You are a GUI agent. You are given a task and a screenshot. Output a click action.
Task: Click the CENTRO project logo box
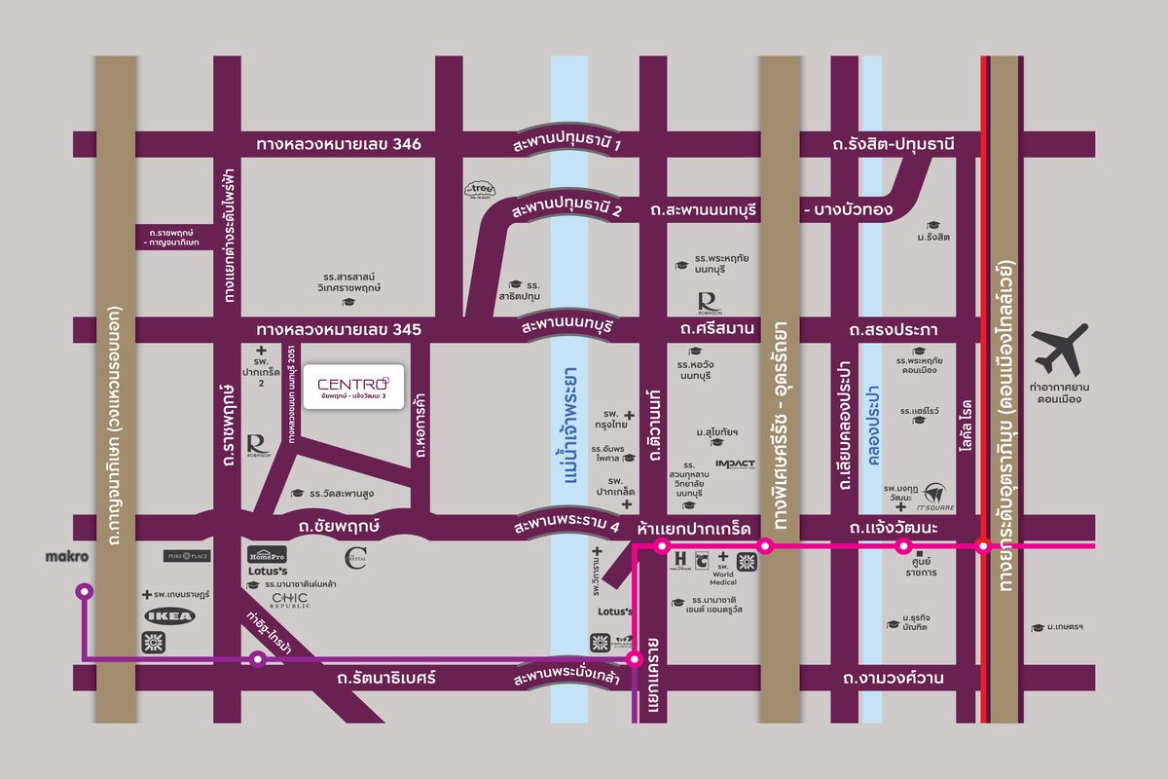[347, 388]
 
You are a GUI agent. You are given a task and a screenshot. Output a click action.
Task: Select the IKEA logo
[171, 615]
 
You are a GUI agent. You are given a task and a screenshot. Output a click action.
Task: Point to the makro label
[67, 557]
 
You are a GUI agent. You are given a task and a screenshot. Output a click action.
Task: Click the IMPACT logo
[735, 464]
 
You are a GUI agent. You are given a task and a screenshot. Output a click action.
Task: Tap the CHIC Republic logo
[290, 600]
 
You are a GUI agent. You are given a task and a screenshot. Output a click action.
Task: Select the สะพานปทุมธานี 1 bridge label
[569, 144]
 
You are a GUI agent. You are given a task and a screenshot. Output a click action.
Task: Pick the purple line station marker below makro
[85, 590]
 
